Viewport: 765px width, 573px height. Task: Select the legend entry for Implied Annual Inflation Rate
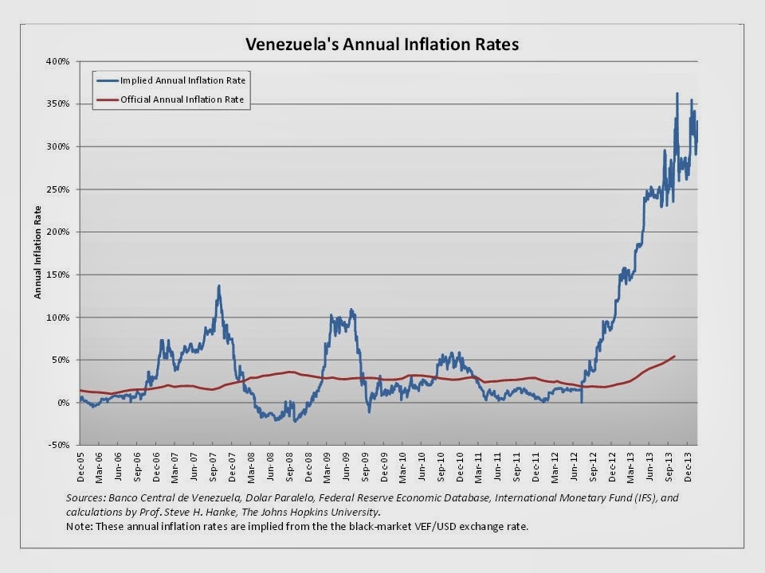coord(182,80)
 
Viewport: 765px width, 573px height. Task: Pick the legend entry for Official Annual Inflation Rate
coord(182,100)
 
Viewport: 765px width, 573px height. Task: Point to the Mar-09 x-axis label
coord(329,465)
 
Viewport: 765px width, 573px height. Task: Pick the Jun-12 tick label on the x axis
coord(578,465)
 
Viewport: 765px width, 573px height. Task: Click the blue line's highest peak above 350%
coord(677,94)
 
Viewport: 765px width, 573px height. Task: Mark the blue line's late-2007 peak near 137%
coord(218,286)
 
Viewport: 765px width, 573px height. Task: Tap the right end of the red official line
coord(676,356)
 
